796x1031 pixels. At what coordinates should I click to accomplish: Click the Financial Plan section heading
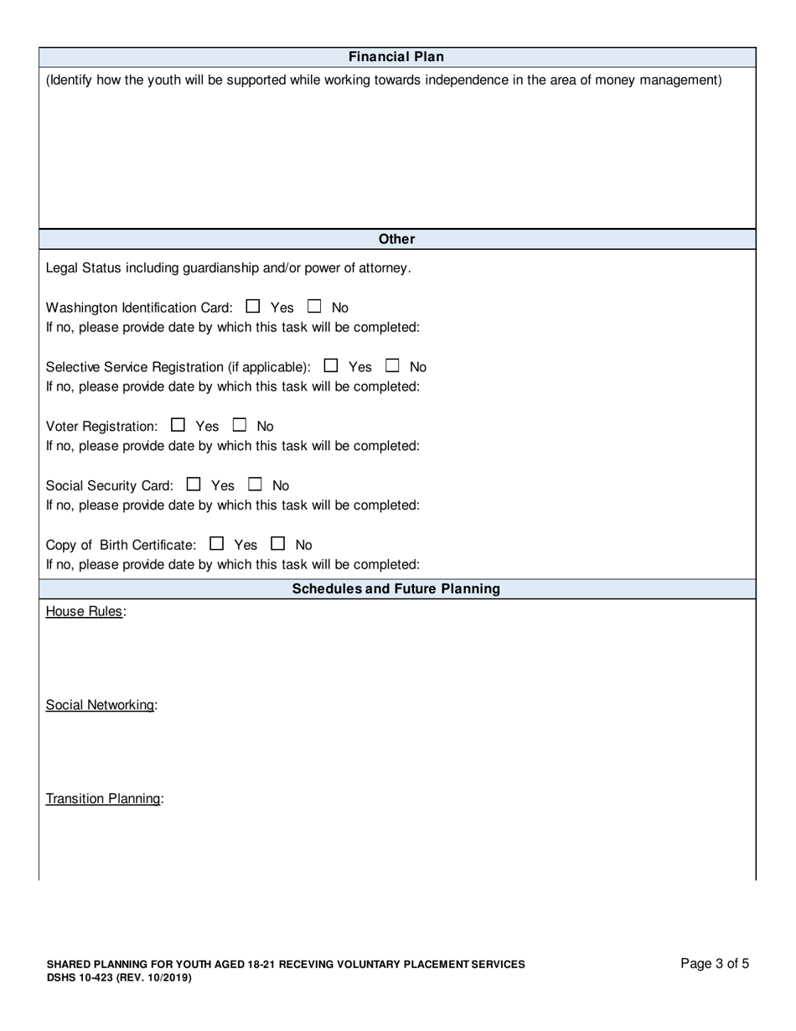click(x=396, y=57)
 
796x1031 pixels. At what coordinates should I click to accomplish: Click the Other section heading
click(x=396, y=239)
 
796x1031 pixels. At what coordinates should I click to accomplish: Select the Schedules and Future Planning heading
click(x=396, y=588)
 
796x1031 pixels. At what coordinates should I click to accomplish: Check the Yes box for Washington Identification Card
click(x=254, y=307)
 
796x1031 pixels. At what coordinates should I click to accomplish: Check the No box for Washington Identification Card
click(x=315, y=307)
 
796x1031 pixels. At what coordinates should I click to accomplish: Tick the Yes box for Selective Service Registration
click(x=331, y=365)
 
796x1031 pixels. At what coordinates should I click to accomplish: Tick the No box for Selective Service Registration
click(x=393, y=365)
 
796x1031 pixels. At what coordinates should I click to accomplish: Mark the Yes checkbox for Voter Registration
click(x=178, y=425)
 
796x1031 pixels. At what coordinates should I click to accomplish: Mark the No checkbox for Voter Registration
click(x=240, y=425)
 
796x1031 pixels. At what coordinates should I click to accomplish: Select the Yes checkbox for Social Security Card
click(x=194, y=484)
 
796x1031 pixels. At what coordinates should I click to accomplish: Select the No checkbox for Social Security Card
click(x=256, y=484)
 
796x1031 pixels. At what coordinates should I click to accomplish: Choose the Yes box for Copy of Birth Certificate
click(x=217, y=543)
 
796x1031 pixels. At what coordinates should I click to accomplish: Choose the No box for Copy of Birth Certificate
click(x=278, y=543)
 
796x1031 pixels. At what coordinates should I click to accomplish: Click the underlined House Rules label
click(x=84, y=612)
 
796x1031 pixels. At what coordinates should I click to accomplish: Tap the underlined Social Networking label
click(x=100, y=705)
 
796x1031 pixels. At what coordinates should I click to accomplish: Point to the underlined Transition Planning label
click(x=102, y=799)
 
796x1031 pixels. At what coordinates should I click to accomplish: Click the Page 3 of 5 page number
click(x=715, y=964)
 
